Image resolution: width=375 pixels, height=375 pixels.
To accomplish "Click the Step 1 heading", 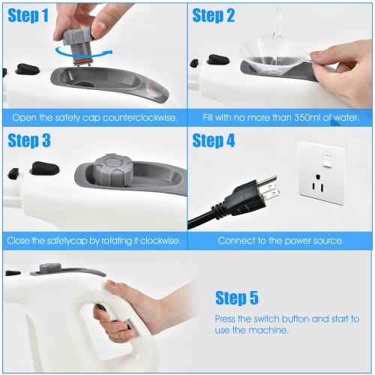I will pyautogui.click(x=28, y=16).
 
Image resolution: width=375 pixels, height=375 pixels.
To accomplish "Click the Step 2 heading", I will pyautogui.click(x=214, y=16).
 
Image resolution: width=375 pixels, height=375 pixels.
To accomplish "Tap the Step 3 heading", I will pyautogui.click(x=29, y=140).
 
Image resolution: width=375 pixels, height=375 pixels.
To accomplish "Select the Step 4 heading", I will pyautogui.click(x=214, y=140).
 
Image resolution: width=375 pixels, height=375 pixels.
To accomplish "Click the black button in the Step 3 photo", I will pyautogui.click(x=39, y=167).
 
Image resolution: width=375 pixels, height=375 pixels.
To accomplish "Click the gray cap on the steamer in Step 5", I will pyautogui.click(x=50, y=267).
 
